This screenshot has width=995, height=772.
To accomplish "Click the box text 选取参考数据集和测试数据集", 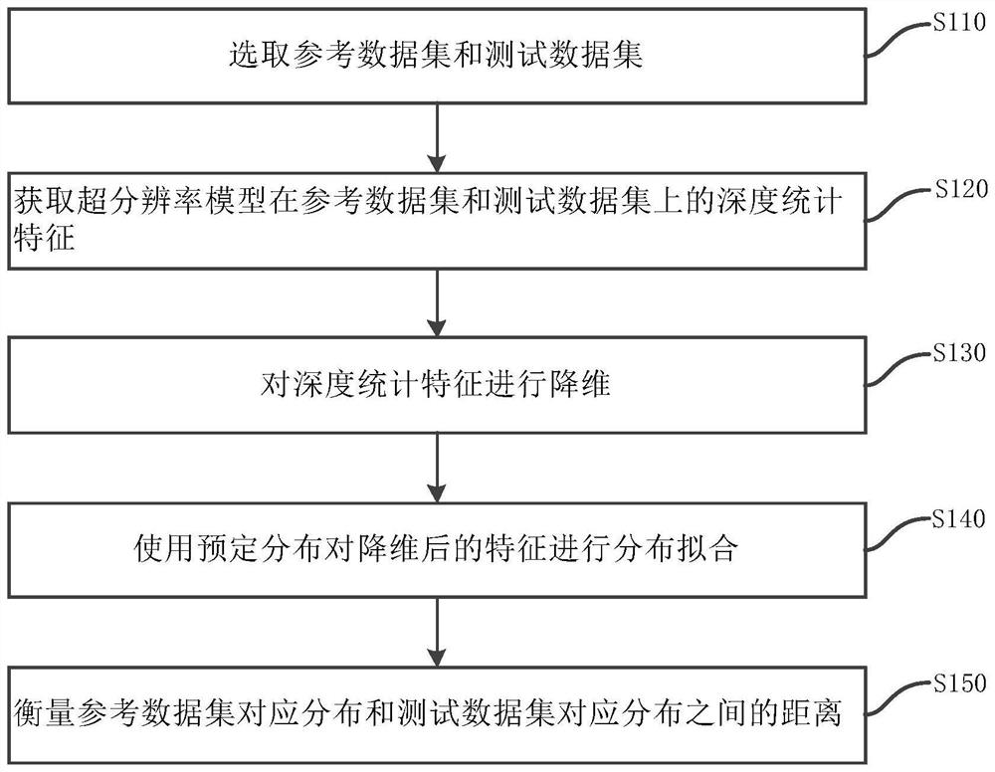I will (436, 55).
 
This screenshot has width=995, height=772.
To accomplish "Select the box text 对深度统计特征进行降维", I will (436, 384).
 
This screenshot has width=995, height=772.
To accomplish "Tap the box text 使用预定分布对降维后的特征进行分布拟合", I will (436, 549).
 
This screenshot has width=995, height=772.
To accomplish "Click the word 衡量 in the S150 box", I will (45, 714).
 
